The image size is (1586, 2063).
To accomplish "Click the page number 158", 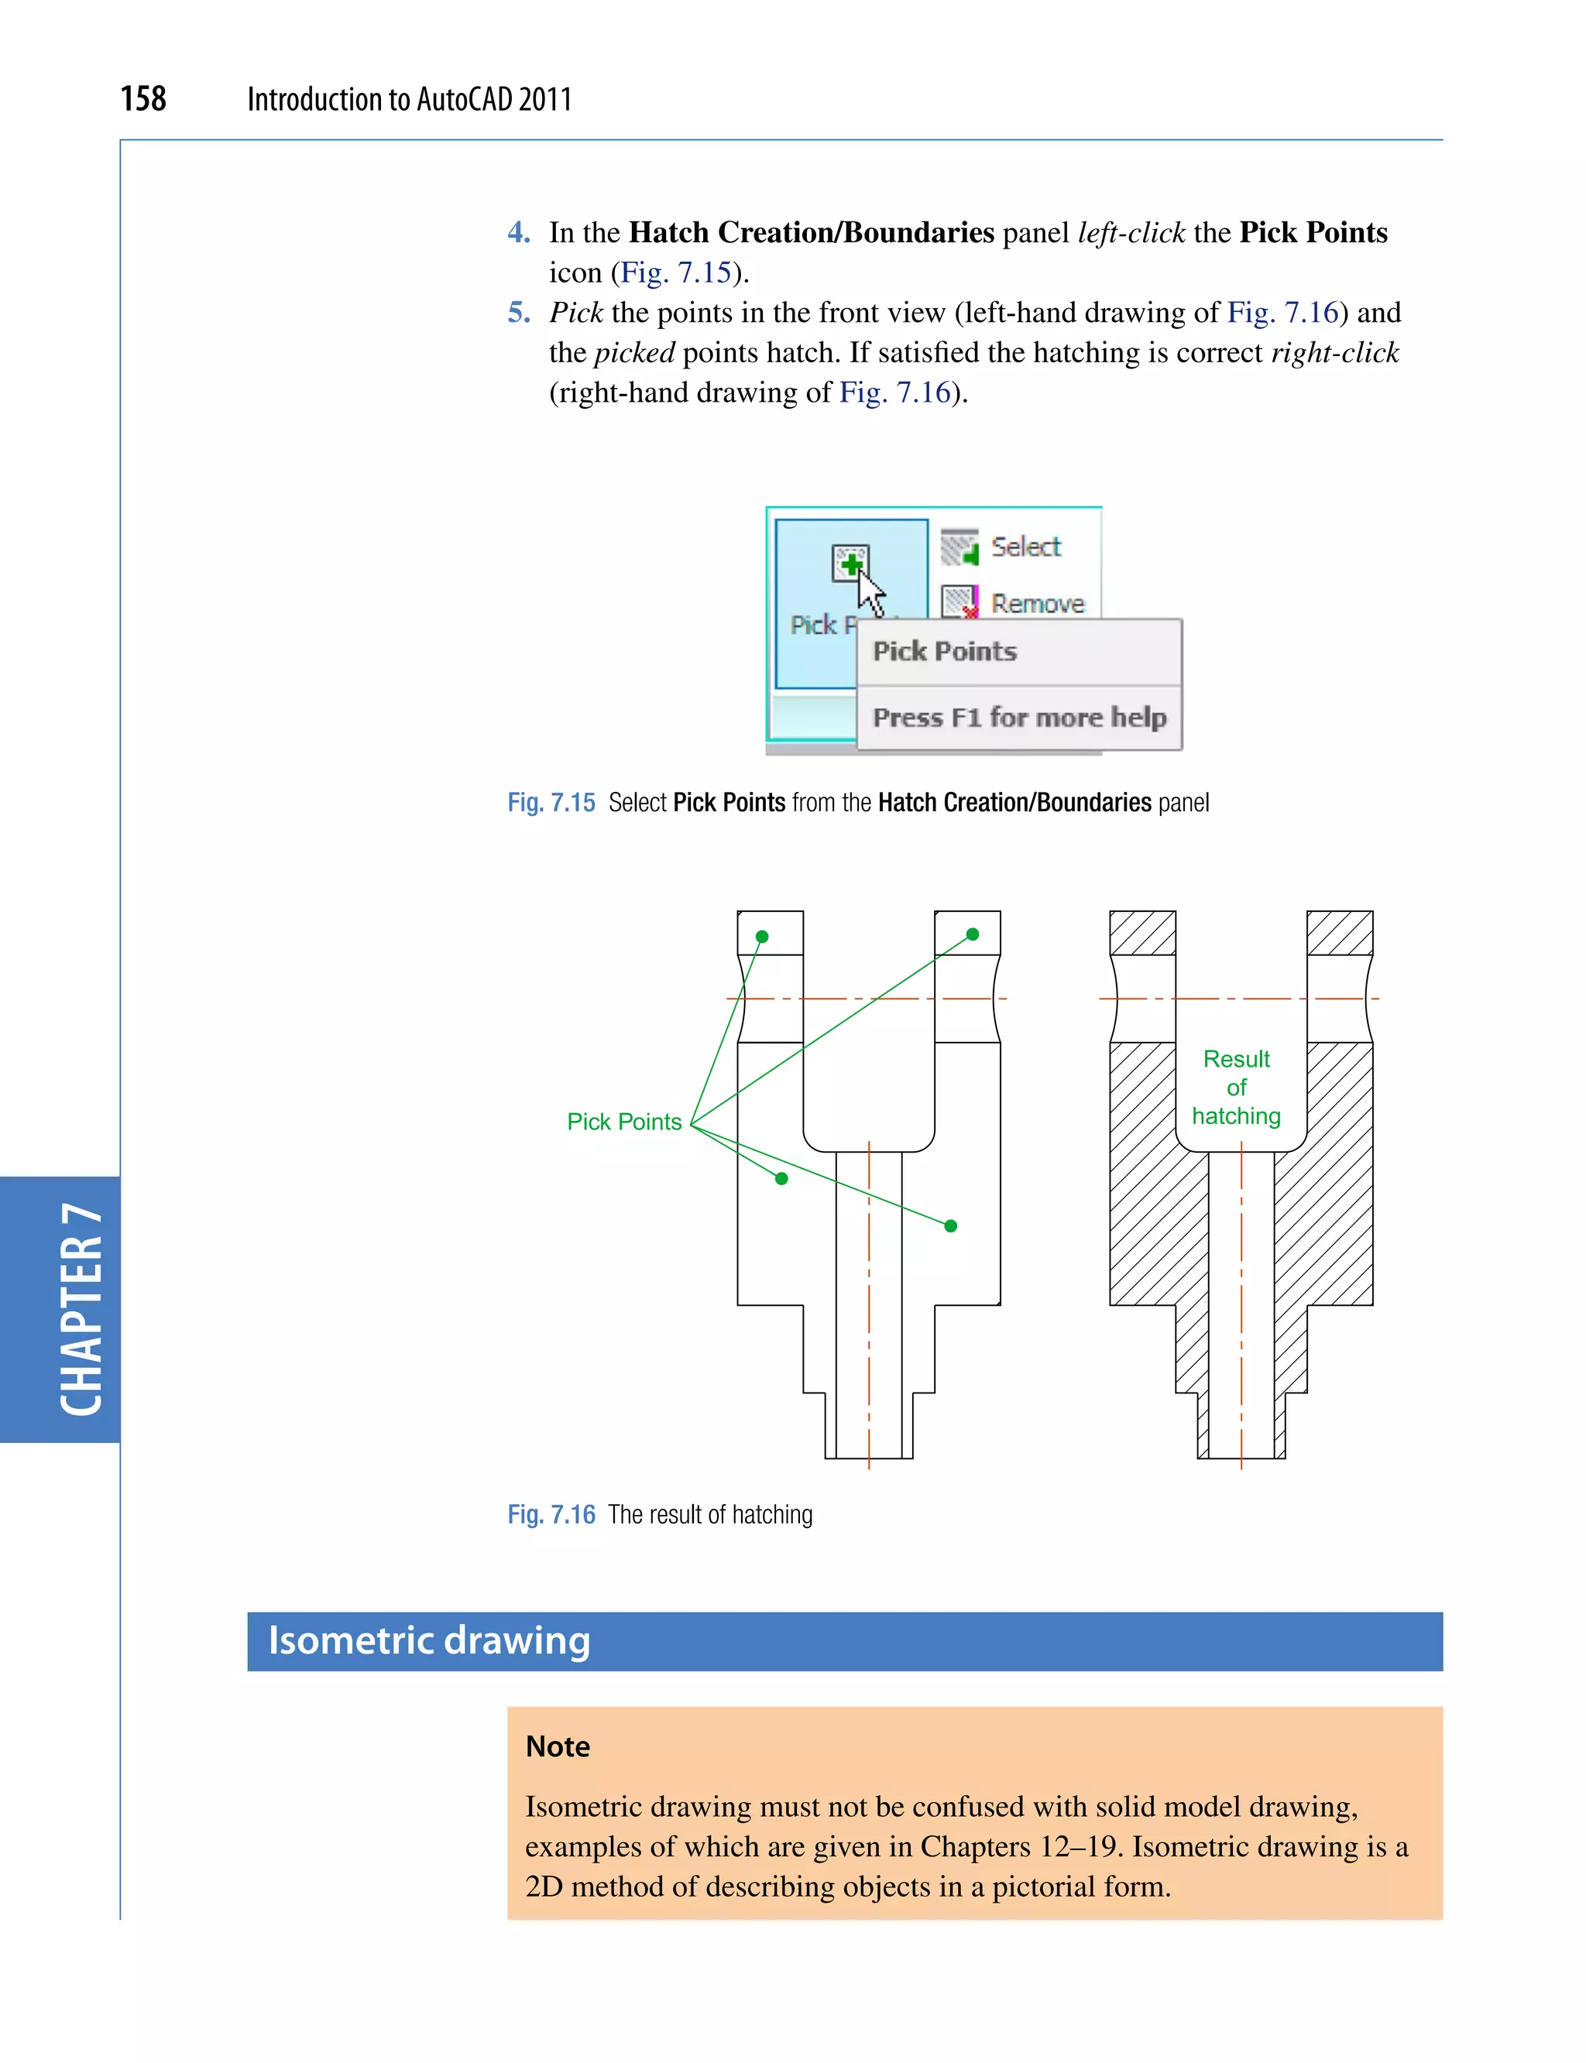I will tap(142, 98).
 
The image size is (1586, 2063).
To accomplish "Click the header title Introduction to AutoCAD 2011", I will tap(409, 99).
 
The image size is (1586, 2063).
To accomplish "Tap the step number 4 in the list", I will tap(518, 232).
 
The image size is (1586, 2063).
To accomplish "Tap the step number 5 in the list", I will tap(518, 313).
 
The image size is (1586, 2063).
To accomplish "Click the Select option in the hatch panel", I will tap(1025, 547).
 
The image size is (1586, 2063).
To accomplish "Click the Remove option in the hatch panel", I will tap(1037, 603).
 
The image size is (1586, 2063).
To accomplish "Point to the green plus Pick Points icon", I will tap(852, 564).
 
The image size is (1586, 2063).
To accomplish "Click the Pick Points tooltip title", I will tap(945, 651).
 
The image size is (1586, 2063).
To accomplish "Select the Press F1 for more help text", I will tap(1018, 718).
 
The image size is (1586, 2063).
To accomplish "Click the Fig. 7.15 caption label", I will tap(551, 802).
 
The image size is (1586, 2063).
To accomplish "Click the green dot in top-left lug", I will tap(762, 936).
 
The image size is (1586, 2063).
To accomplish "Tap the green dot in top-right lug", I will tap(973, 934).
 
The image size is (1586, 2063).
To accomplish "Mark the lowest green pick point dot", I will tap(951, 1226).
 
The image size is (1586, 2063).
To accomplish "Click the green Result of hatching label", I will tap(1236, 1087).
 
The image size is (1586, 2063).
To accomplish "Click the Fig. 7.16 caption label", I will tap(551, 1515).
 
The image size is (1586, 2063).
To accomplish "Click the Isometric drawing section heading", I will tap(430, 1640).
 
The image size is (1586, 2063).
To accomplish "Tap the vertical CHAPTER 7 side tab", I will tap(81, 1309).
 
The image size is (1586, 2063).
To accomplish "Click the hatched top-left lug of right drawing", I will tap(1142, 934).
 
